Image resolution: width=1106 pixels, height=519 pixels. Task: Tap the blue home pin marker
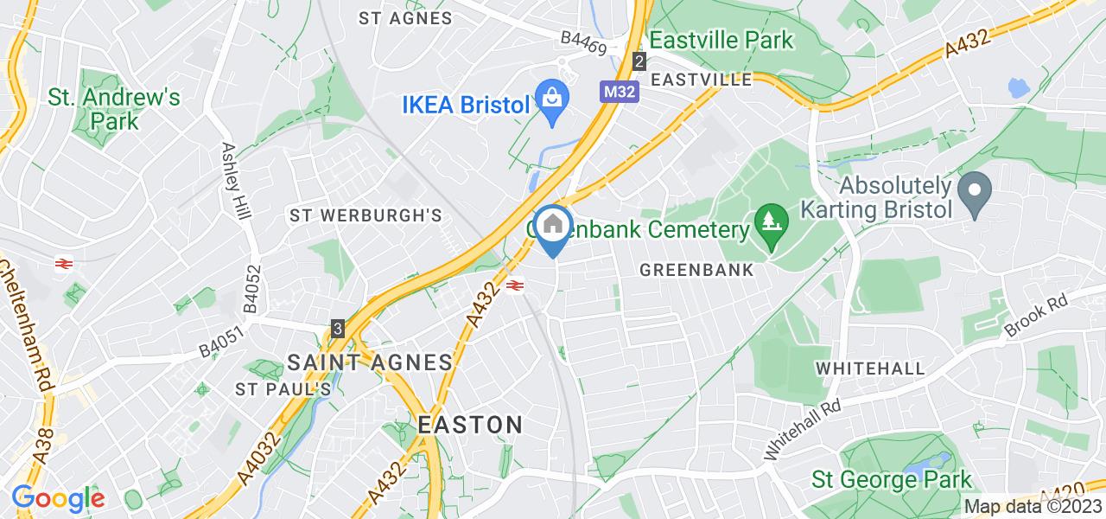[x=552, y=227]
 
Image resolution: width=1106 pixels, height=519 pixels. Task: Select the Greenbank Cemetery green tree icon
[x=769, y=219]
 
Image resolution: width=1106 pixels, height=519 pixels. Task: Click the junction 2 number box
[x=639, y=61]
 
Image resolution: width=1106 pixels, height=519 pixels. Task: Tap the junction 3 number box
[x=338, y=329]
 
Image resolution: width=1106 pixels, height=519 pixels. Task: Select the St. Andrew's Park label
[x=114, y=109]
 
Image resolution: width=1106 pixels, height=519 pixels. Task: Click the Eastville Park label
[x=721, y=40]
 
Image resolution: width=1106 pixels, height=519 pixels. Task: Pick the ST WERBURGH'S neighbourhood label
[x=366, y=215]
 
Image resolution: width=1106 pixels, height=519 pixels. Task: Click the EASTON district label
[x=470, y=425]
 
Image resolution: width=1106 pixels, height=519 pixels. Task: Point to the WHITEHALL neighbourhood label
[x=870, y=368]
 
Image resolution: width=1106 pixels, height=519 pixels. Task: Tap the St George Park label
[x=892, y=479]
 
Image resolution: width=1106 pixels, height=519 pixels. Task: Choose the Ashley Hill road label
[x=234, y=180]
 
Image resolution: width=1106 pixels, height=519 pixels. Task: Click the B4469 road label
[x=583, y=42]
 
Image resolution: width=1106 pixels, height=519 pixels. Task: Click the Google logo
[x=57, y=498]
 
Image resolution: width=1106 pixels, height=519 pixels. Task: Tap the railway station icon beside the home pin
[x=515, y=285]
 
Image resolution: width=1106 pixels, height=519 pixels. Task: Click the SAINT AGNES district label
[x=370, y=362]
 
